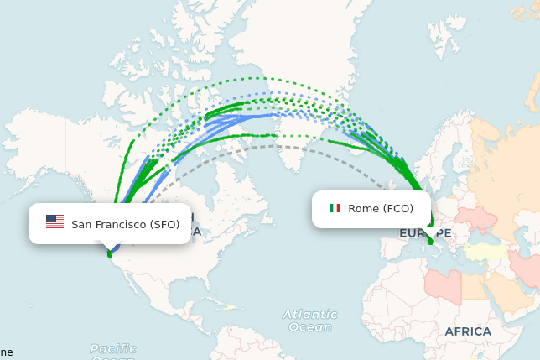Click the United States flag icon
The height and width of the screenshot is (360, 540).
tap(55, 222)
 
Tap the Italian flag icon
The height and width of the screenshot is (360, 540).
tap(335, 208)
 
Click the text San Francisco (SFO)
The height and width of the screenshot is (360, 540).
tap(125, 224)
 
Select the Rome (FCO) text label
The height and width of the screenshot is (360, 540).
tap(381, 209)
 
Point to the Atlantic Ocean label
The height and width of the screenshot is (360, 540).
tap(310, 321)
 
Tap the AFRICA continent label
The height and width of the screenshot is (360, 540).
tap(468, 331)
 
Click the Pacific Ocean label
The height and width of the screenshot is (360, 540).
tap(113, 349)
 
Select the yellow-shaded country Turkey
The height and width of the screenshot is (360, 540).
tap(486, 251)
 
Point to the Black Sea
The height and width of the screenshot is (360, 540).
tap(481, 236)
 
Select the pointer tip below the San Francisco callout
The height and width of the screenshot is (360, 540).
tap(110, 251)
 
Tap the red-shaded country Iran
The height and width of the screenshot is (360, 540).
tap(527, 269)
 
